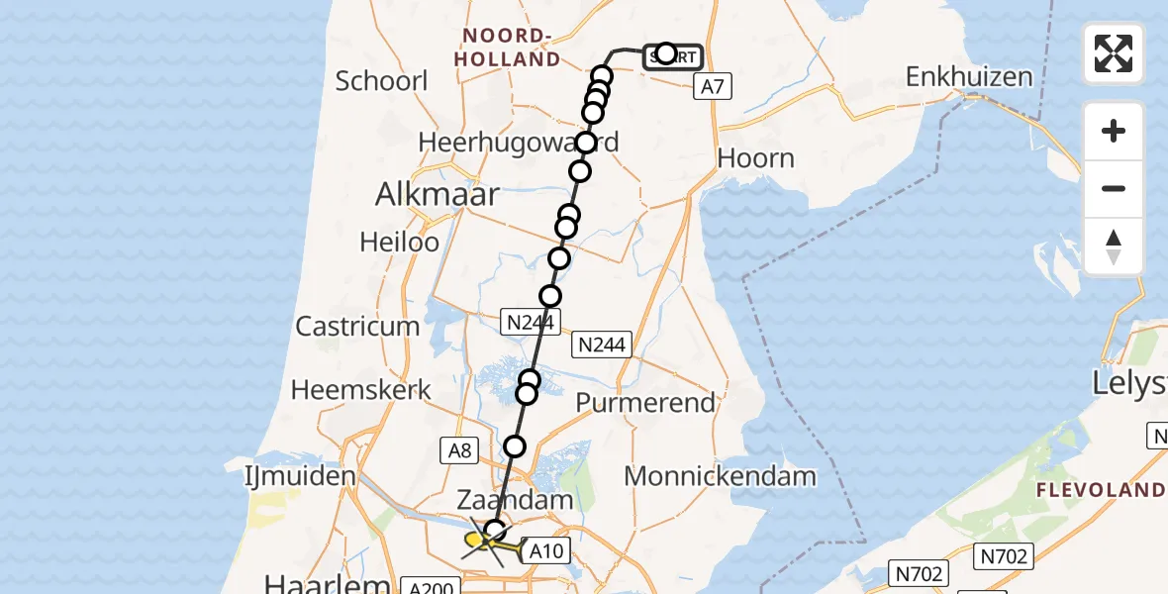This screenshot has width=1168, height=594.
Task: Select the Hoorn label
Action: [755, 158]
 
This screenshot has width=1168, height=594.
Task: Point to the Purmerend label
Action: [644, 403]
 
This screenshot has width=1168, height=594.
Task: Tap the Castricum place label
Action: [358, 327]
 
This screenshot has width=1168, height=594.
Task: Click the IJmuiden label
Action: [299, 476]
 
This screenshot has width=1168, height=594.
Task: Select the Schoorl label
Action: [381, 80]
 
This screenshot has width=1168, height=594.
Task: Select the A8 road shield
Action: [459, 450]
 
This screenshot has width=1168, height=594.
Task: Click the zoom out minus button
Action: [1114, 189]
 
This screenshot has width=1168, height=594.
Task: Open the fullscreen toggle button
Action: [1114, 53]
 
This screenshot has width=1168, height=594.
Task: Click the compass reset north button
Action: [1114, 247]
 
